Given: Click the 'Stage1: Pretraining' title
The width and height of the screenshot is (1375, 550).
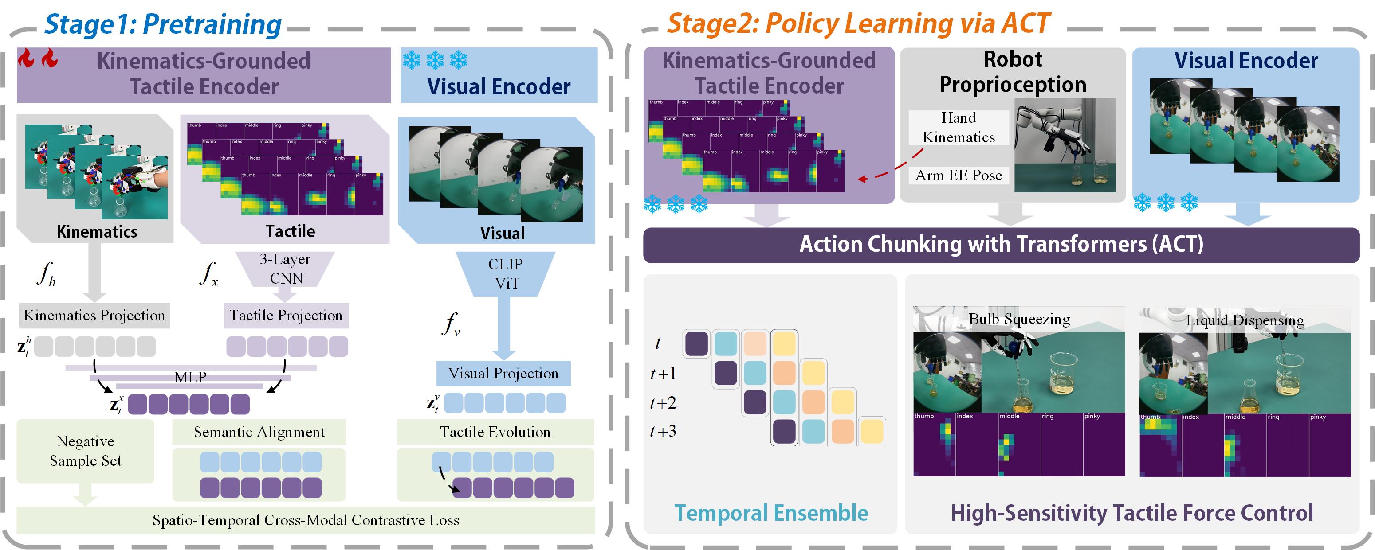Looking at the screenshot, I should coord(163,24).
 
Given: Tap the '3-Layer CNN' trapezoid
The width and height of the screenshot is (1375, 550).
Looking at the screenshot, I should coord(285,269).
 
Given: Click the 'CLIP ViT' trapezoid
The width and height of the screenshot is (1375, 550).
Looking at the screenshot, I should coord(505,273).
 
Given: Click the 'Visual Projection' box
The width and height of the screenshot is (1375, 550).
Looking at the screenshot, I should coord(503,374).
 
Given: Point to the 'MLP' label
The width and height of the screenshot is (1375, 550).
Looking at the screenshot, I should coord(190,377).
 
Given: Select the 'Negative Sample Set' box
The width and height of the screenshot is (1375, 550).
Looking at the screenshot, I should coord(86,451).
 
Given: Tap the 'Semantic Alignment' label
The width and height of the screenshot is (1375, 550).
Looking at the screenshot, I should coord(259,432).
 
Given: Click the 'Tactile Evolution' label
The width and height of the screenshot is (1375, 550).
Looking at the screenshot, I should coord(495,432).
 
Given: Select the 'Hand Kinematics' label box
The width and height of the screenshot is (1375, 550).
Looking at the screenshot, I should coord(959,128).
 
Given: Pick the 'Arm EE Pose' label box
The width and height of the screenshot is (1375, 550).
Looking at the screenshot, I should coord(959,175).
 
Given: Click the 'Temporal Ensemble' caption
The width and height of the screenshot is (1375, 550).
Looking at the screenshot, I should coord(771,513).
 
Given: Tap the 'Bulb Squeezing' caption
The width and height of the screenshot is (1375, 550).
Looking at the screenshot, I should coord(1019,319).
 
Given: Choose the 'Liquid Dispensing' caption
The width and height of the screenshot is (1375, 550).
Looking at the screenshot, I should coord(1245,320).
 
